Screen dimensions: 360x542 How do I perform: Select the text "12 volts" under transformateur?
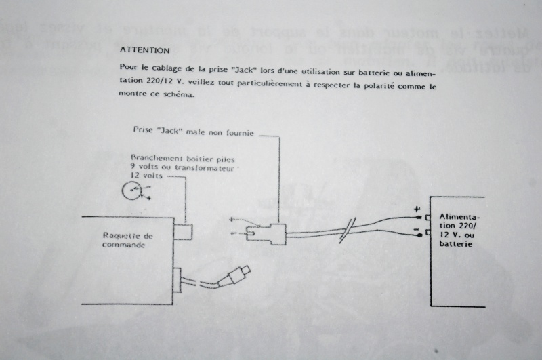pyautogui.click(x=146, y=174)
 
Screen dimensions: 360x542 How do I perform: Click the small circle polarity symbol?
pyautogui.click(x=131, y=192)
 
